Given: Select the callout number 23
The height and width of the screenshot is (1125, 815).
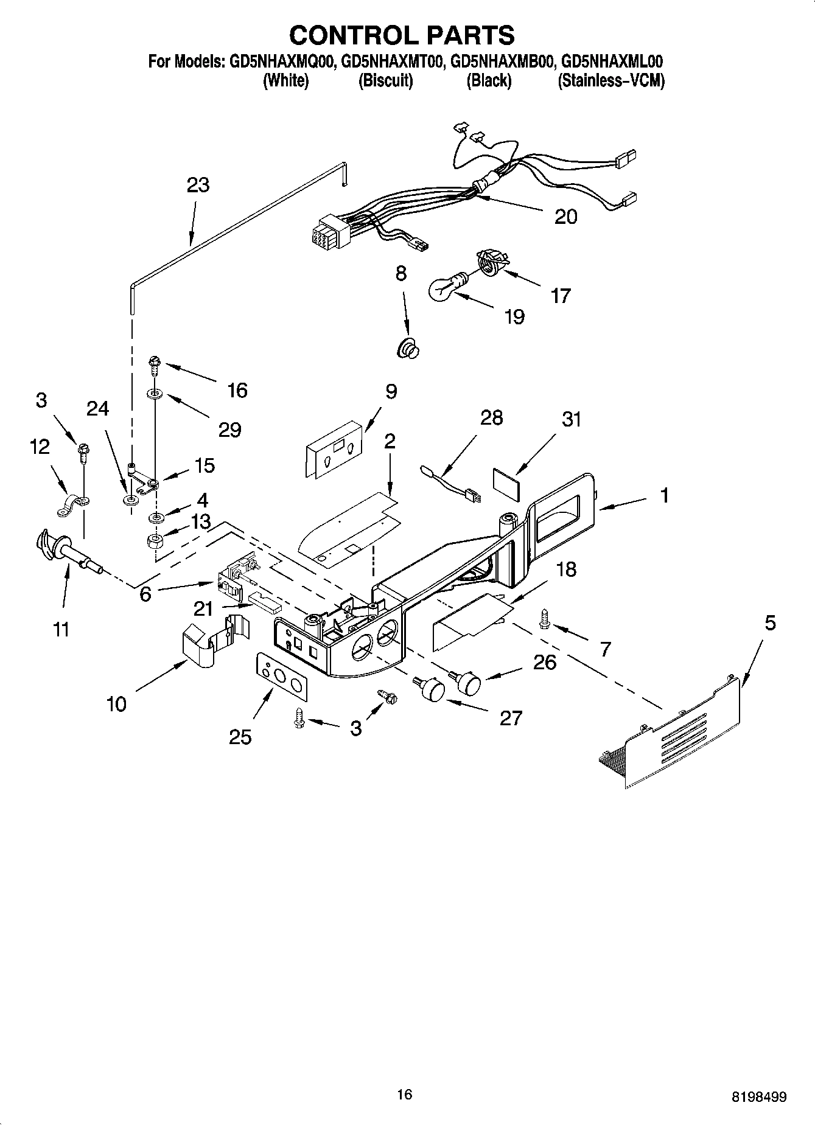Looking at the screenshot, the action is [x=198, y=184].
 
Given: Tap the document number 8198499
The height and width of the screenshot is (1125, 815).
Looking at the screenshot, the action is [x=758, y=1097].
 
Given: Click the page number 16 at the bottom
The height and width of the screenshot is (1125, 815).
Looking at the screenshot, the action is [x=404, y=1095].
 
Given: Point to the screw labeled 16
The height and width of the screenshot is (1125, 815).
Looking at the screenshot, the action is [x=155, y=366].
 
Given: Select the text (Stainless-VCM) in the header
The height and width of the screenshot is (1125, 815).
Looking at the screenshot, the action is [x=610, y=80].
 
